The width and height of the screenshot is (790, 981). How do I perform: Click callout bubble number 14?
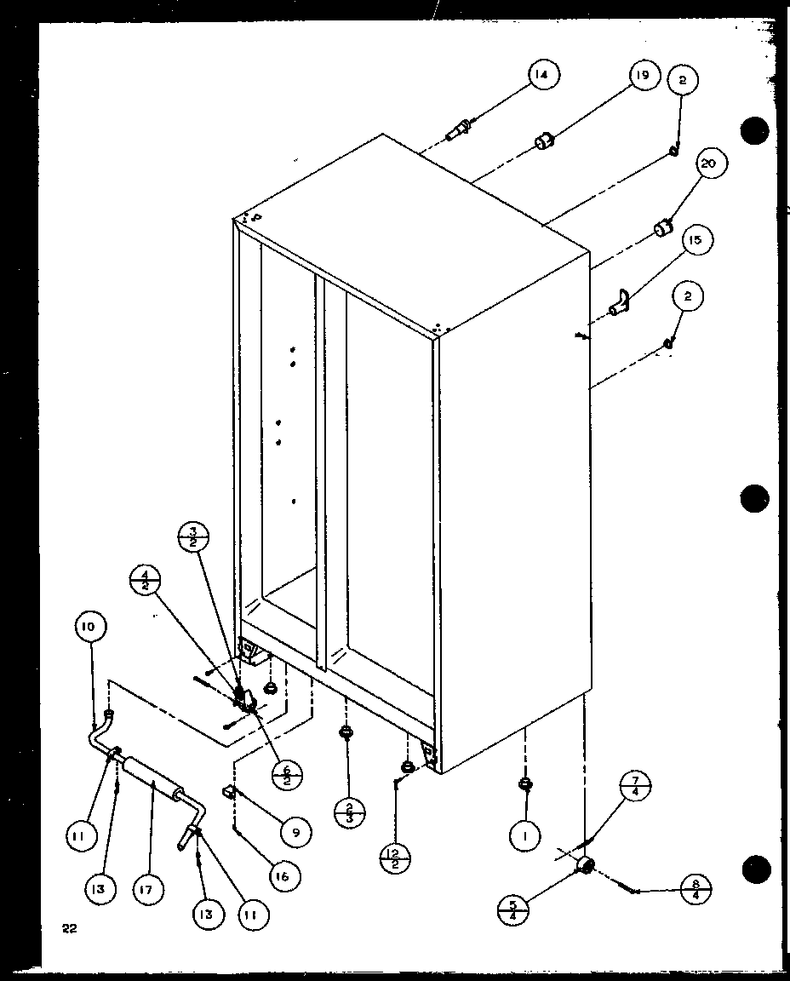point(542,76)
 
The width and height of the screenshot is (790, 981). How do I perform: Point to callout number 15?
point(695,241)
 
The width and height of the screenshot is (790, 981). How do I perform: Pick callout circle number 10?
point(90,627)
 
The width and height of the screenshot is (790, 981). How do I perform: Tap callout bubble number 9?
point(295,833)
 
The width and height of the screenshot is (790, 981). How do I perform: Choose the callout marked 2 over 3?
point(350,811)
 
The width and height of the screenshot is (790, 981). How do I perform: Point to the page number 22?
point(68,928)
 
